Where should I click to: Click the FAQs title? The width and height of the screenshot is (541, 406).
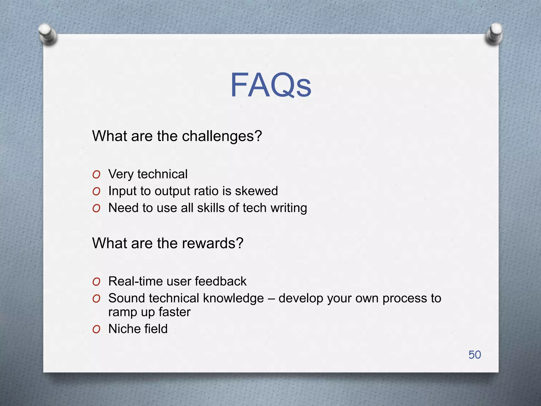[270, 85]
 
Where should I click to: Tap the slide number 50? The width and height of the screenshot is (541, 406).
[474, 355]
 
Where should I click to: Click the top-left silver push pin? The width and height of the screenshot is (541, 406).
[48, 34]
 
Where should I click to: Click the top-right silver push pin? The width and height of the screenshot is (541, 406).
[494, 34]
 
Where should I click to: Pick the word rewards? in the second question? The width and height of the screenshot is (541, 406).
[212, 243]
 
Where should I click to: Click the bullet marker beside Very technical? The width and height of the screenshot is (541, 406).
[96, 175]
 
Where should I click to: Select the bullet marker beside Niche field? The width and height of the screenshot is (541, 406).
[96, 329]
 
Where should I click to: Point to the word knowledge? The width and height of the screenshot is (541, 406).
[233, 298]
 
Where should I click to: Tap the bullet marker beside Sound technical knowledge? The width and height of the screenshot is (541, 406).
[96, 299]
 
